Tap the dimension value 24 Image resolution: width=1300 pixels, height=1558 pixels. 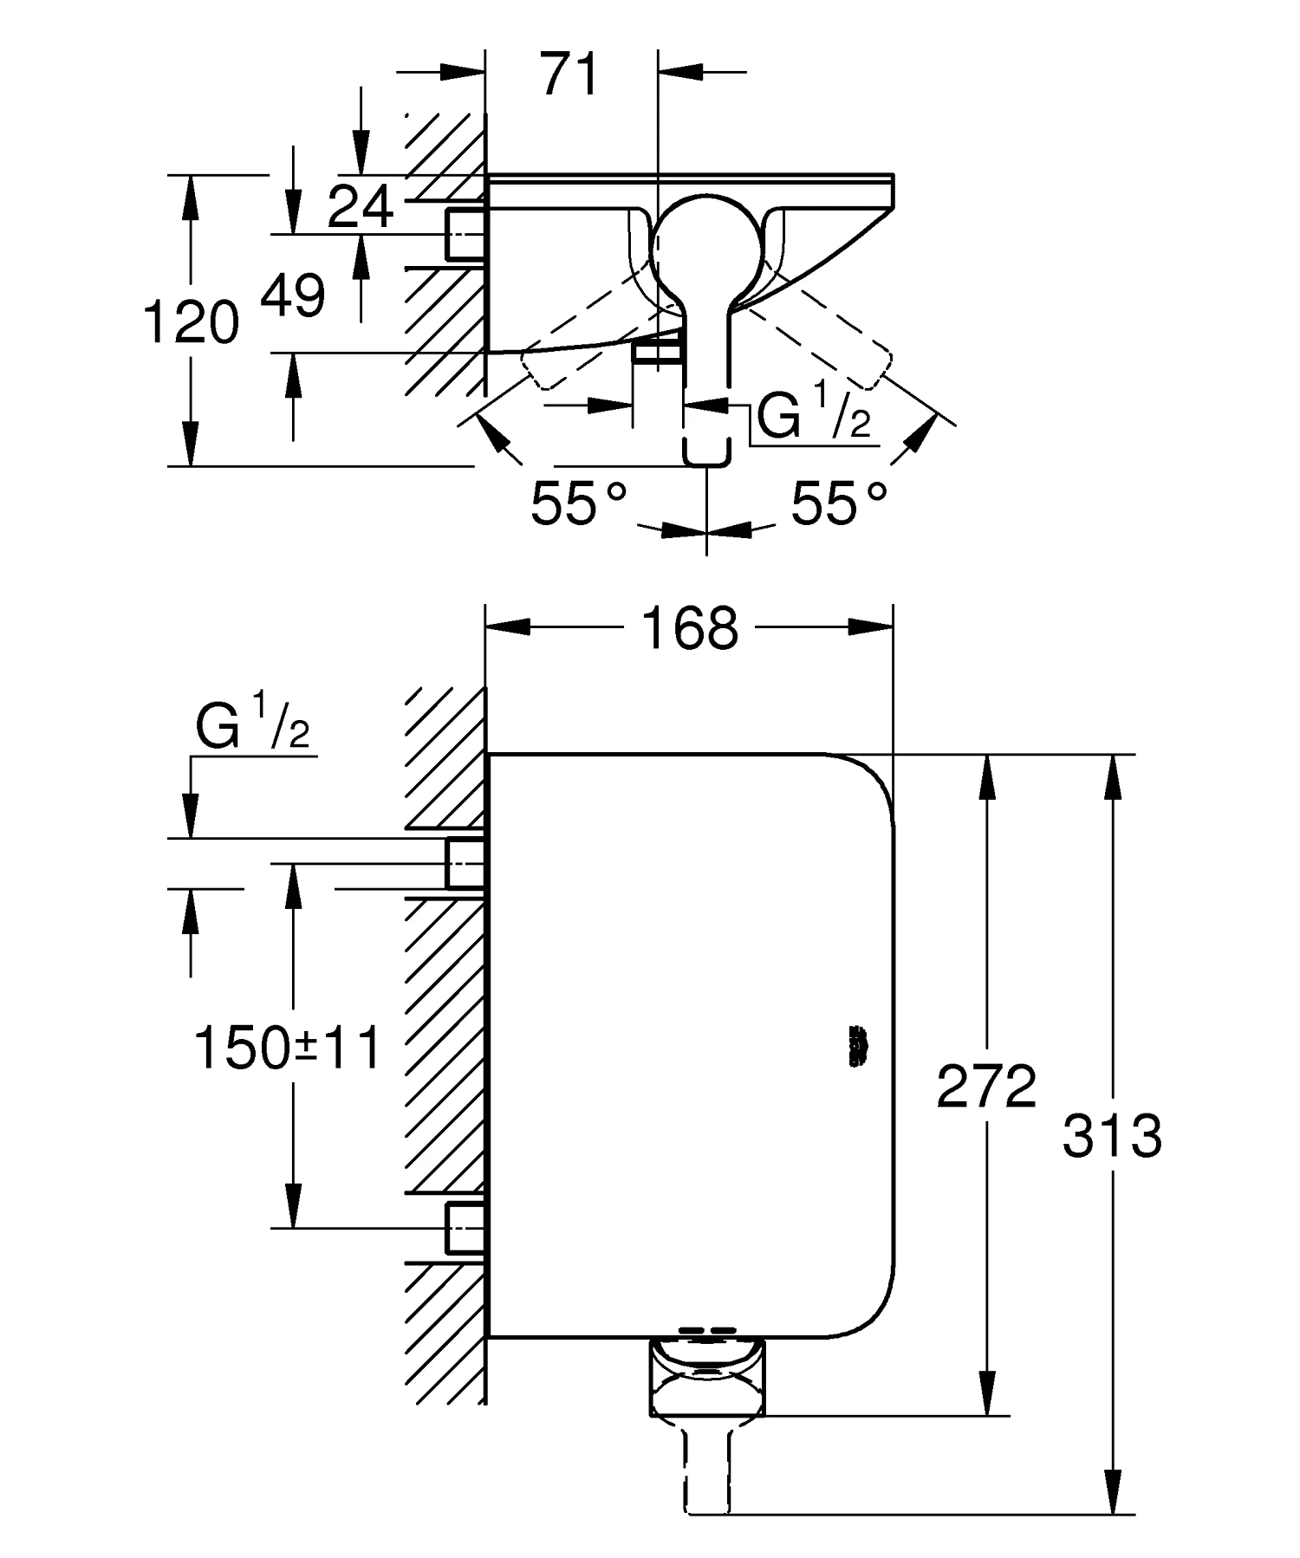[361, 207]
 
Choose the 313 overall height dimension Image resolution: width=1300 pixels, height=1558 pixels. [1112, 1136]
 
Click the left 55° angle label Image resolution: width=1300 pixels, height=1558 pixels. [578, 503]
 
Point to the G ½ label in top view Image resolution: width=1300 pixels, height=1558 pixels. [813, 417]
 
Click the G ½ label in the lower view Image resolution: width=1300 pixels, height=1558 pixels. [251, 728]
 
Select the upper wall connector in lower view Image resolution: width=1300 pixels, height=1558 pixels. [465, 863]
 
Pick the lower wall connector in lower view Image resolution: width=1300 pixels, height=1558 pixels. [465, 1227]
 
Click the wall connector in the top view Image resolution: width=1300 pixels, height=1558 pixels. [465, 234]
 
